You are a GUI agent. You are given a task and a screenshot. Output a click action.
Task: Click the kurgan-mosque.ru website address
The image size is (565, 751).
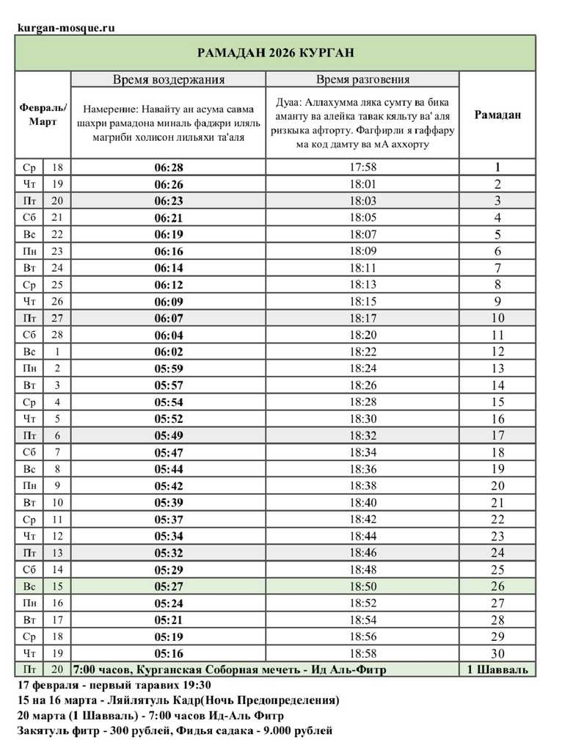click(66, 28)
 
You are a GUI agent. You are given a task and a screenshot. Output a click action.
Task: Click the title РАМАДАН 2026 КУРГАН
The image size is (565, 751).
click(275, 53)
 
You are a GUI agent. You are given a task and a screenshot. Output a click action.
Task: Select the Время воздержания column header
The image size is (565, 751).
click(168, 79)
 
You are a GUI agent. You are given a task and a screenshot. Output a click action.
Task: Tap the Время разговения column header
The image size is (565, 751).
click(362, 79)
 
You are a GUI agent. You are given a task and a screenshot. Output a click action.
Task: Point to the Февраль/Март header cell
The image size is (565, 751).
click(43, 115)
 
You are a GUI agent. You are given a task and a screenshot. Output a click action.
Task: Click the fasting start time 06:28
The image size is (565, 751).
click(168, 167)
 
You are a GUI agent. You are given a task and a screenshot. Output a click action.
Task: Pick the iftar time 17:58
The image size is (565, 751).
click(362, 167)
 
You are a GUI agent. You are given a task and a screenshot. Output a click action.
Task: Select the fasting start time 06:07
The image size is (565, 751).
click(168, 319)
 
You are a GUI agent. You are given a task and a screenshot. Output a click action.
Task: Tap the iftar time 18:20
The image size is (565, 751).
click(362, 335)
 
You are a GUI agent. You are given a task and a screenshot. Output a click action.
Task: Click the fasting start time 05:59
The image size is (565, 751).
click(168, 369)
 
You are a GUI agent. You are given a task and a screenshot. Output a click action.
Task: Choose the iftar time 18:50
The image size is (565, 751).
click(362, 587)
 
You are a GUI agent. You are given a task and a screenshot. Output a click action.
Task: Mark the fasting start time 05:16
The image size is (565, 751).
click(168, 653)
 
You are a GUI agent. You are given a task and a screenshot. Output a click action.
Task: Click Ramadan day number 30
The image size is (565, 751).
click(497, 653)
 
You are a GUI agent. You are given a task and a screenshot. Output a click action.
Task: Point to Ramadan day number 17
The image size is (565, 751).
click(497, 435)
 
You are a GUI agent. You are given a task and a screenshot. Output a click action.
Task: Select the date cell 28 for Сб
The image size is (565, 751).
click(57, 335)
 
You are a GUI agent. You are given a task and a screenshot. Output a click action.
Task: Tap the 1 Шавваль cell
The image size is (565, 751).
click(497, 670)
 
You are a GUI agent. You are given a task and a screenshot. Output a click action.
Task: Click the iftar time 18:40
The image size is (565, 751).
click(362, 502)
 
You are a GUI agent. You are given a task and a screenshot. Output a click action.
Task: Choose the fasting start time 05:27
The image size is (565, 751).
click(168, 587)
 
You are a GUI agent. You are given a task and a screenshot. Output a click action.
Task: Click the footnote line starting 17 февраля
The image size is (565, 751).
click(109, 684)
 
